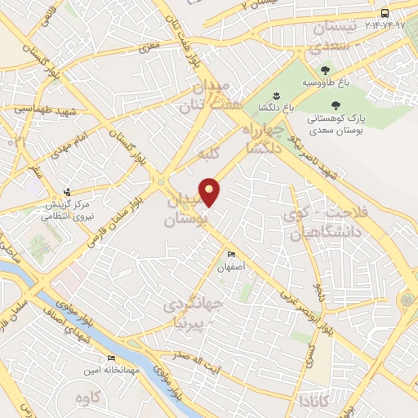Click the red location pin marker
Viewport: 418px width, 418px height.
[x=211, y=191]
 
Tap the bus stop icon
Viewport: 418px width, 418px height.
[x=385, y=13]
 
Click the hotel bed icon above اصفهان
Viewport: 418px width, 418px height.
[x=230, y=255]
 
